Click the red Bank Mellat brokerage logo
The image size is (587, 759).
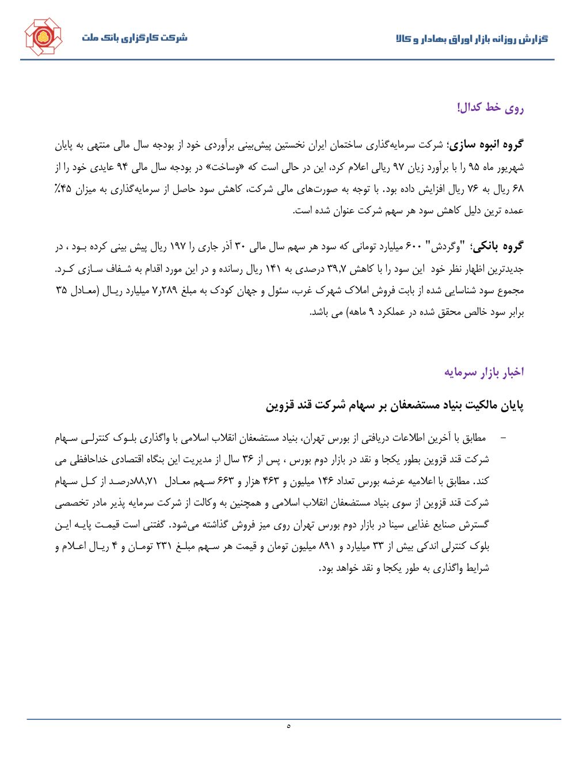click(43, 37)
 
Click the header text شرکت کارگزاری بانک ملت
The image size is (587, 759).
click(135, 38)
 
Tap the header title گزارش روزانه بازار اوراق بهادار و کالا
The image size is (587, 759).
click(472, 39)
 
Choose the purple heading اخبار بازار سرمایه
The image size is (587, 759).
click(484, 372)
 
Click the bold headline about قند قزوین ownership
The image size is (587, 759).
click(395, 405)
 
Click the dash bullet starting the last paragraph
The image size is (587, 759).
click(504, 439)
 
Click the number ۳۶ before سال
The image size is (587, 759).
click(247, 459)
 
